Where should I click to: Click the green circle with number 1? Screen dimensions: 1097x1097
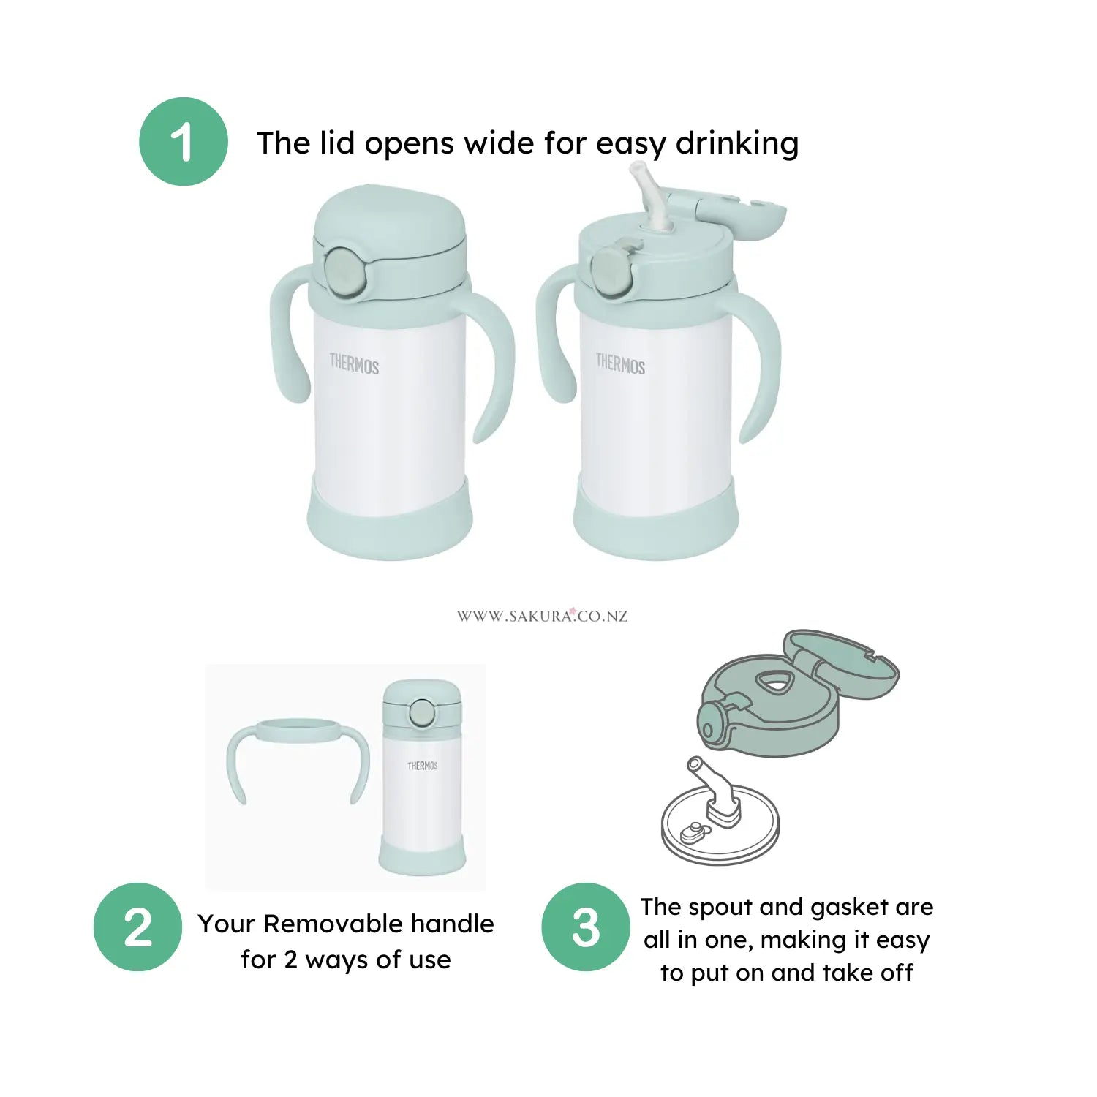click(x=183, y=142)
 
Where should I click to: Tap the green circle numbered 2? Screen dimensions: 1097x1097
click(x=137, y=927)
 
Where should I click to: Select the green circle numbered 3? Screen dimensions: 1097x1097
click(x=585, y=927)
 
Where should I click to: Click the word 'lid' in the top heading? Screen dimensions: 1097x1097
click(x=339, y=143)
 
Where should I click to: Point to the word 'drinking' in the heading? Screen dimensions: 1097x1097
click(x=736, y=144)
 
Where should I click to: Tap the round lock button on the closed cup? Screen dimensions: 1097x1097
click(x=343, y=271)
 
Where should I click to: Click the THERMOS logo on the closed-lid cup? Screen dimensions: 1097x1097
click(x=354, y=363)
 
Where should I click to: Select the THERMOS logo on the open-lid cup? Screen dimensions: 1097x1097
click(x=620, y=363)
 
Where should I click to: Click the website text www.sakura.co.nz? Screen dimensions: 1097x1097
click(x=542, y=616)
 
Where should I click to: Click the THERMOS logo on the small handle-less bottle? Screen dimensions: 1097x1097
click(x=423, y=766)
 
